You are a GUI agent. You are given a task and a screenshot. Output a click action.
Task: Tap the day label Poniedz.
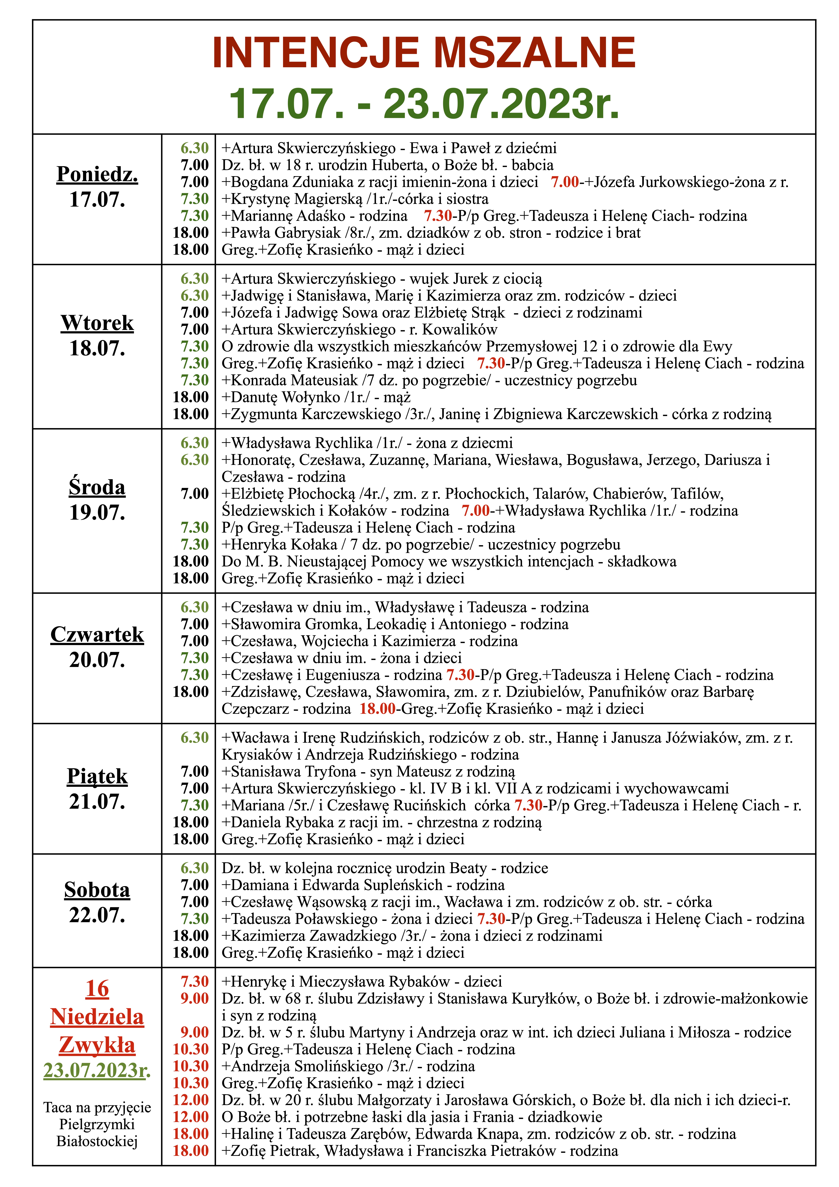[x=97, y=174]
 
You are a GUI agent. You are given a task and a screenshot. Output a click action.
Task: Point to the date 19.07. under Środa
[x=97, y=512]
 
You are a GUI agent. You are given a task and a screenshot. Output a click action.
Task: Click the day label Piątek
[x=97, y=777]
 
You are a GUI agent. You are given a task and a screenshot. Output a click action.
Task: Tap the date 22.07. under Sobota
[x=97, y=915]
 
